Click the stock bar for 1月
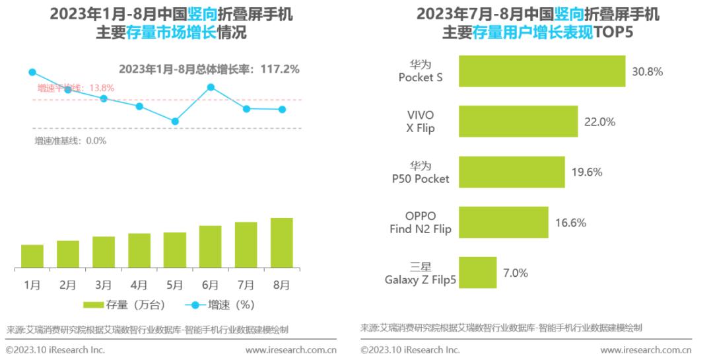pos(32,256)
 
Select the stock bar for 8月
pos(281,243)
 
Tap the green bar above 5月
pos(175,250)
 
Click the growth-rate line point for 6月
pos(211,87)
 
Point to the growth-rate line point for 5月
pos(175,121)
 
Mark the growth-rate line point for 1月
pos(32,72)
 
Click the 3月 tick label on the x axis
pos(103,285)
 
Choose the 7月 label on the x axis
pos(246,285)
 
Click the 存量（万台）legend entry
pos(125,305)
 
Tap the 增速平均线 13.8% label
pos(75,88)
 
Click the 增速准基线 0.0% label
pos(70,141)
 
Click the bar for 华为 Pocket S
pos(542,71)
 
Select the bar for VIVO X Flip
pos(518,122)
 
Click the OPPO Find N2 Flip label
pos(420,223)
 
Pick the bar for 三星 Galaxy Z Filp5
pos(477,273)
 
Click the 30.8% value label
pos(647,71)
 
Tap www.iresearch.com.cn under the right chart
pos(646,349)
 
